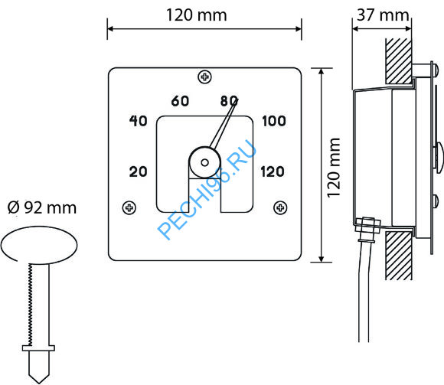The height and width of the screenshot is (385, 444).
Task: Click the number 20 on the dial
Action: (139, 171)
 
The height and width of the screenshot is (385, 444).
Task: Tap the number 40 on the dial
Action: (139, 121)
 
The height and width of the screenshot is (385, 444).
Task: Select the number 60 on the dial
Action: (180, 101)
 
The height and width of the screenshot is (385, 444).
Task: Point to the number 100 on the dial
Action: (274, 121)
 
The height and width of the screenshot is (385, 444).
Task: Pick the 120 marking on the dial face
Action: (273, 171)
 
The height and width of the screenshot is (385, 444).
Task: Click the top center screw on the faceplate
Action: (204, 77)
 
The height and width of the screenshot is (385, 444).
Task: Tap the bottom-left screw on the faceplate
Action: (129, 207)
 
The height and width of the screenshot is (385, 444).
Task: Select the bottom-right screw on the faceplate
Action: (280, 207)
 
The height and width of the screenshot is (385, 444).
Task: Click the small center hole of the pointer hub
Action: (204, 163)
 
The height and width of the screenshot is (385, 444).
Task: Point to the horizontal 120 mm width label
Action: (196, 15)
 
